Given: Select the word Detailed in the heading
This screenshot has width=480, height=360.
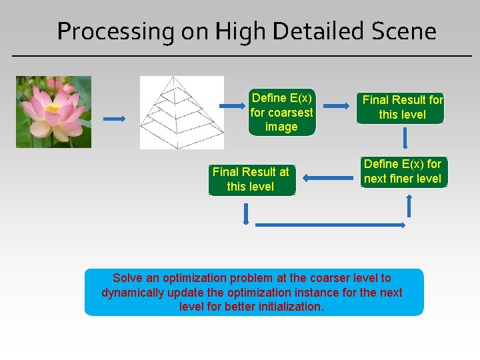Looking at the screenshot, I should click(x=307, y=31).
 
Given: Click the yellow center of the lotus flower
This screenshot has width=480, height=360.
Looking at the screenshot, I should click(x=53, y=108).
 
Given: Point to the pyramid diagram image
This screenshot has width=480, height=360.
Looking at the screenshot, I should click(x=181, y=112).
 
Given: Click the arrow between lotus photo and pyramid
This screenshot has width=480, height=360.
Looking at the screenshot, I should click(x=114, y=119).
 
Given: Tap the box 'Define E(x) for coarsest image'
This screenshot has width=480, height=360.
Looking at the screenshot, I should click(x=281, y=112).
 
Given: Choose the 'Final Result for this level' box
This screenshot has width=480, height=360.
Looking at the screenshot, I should click(x=402, y=107).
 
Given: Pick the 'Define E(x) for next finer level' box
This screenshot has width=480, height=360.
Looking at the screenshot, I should click(x=402, y=171).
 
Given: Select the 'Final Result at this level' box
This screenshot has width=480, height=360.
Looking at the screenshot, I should click(x=251, y=179).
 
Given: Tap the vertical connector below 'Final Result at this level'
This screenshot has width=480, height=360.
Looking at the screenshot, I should click(x=247, y=213).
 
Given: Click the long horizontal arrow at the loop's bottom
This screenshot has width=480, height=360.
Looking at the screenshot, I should click(x=330, y=225).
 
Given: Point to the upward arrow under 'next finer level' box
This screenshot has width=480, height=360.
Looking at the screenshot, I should click(x=409, y=207).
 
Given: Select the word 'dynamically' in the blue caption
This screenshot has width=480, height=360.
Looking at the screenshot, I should click(x=131, y=293).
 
